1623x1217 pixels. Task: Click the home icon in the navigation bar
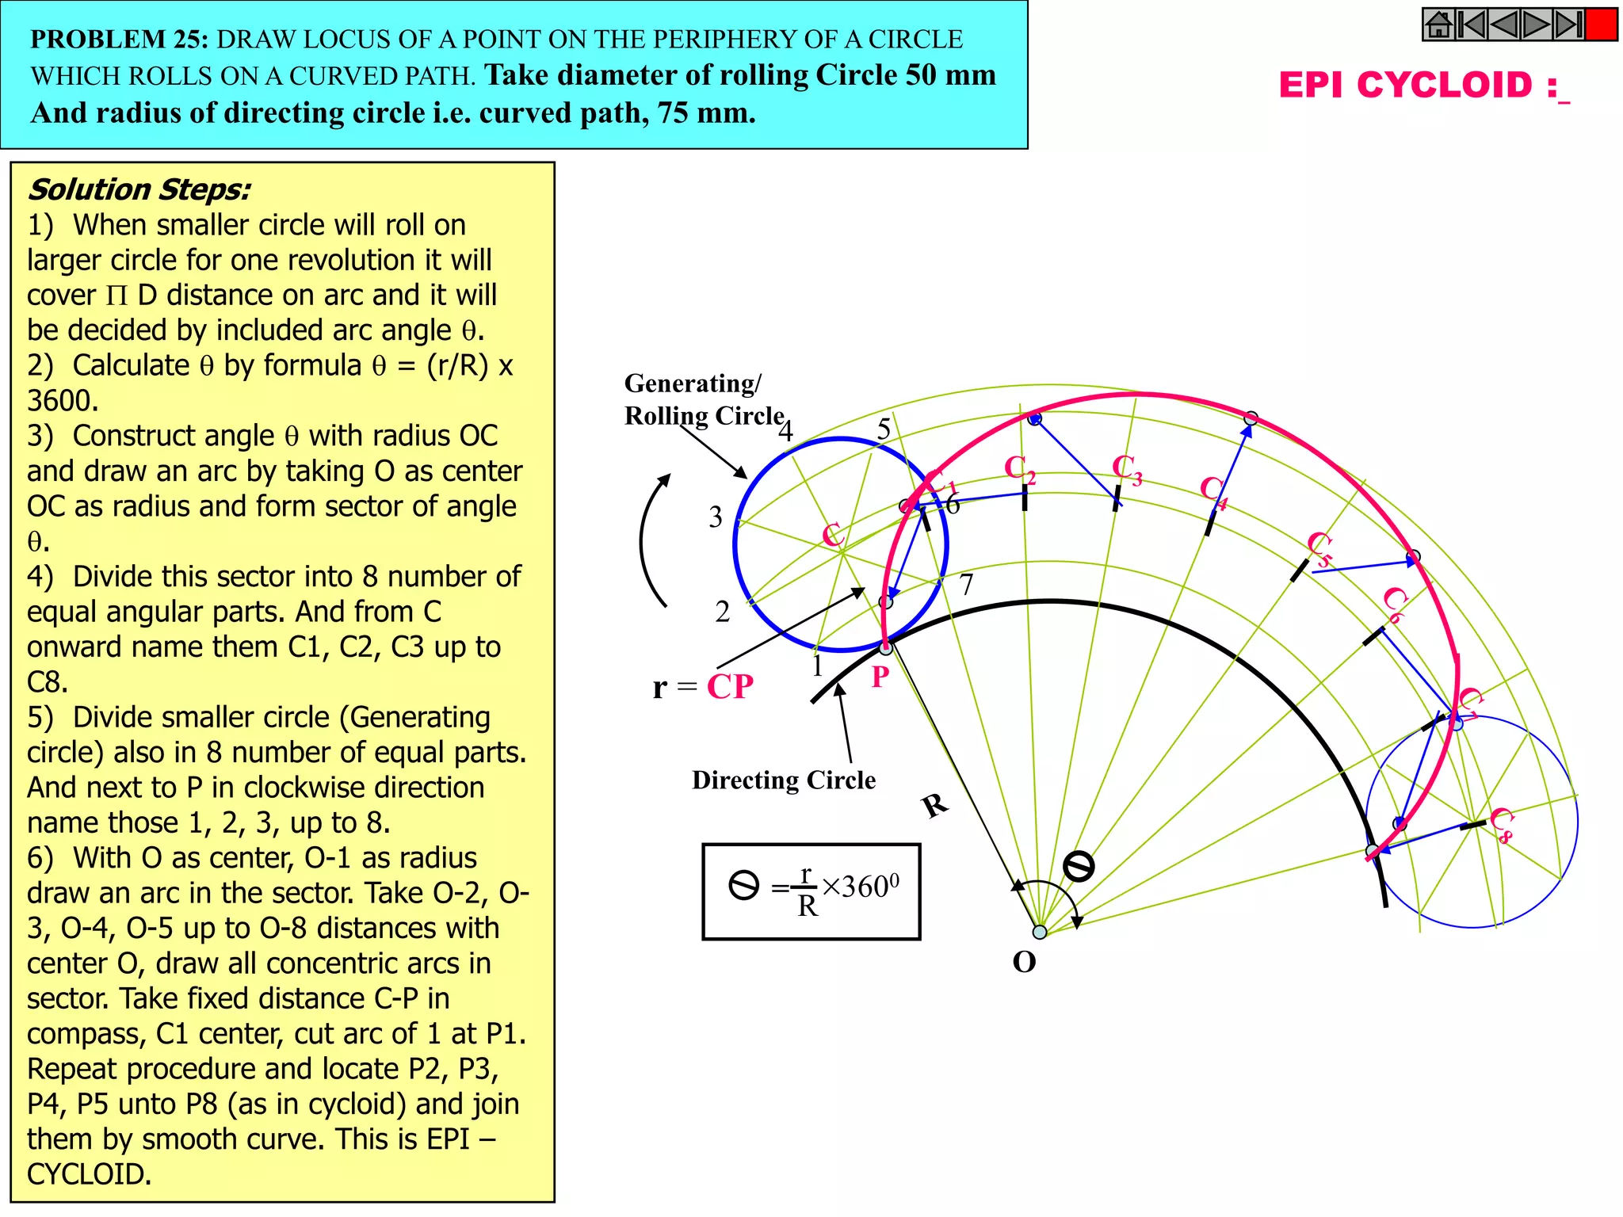pos(1438,25)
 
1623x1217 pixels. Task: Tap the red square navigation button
pos(1601,25)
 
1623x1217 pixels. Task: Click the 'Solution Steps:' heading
pos(139,190)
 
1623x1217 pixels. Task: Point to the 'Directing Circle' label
pos(783,780)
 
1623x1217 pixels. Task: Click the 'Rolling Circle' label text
pos(704,416)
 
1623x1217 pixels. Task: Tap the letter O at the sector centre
pos(1024,963)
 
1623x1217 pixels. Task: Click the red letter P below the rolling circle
pos(880,677)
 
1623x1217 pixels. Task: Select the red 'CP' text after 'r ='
pos(729,687)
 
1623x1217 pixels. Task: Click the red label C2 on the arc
pos(1019,469)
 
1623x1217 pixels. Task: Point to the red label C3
pos(1126,469)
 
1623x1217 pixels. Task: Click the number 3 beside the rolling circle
pos(716,517)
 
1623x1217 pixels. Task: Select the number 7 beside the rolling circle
pos(966,585)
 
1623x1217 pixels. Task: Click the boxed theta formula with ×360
pos(811,892)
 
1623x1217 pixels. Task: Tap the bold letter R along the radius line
pos(935,806)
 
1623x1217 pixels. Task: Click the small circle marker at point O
pos(1040,932)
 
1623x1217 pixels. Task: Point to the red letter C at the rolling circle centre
pos(831,535)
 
